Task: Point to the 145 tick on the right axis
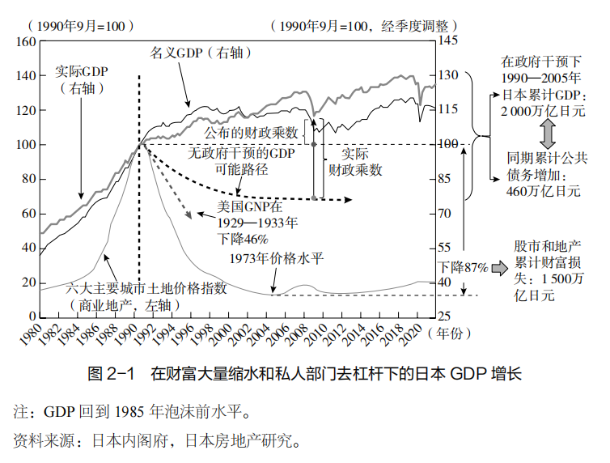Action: click(448, 40)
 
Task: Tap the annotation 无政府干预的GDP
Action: click(242, 152)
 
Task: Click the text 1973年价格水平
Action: click(277, 259)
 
